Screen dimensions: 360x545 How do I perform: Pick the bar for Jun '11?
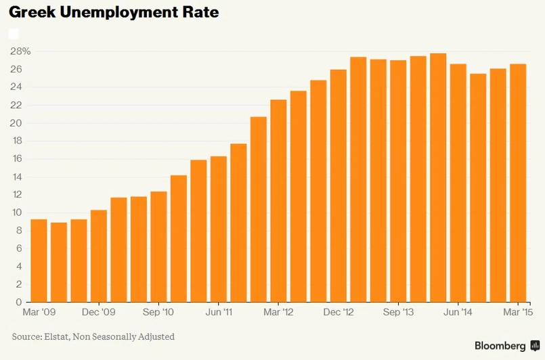[x=219, y=229]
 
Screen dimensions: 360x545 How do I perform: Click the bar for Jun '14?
[x=458, y=183]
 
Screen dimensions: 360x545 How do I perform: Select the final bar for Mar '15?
[x=518, y=183]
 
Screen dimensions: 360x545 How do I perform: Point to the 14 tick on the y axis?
[x=18, y=177]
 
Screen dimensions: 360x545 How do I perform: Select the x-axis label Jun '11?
[x=219, y=312]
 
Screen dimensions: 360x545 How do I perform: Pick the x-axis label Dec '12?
[x=339, y=312]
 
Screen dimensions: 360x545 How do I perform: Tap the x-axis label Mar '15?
[x=518, y=312]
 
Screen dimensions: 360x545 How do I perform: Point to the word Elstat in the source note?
[x=60, y=336]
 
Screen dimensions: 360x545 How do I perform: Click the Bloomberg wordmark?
[x=500, y=346]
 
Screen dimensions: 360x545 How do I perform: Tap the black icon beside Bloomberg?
[x=534, y=346]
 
